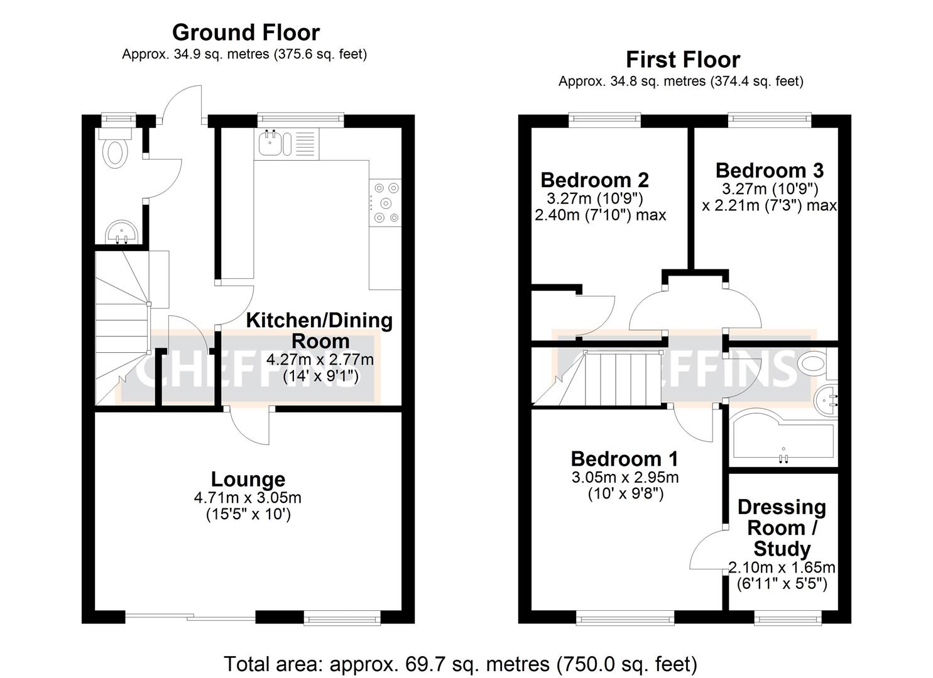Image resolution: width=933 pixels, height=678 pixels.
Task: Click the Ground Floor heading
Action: click(246, 32)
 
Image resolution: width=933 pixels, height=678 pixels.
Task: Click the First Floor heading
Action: click(682, 60)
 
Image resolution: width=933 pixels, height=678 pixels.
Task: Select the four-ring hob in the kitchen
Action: click(385, 202)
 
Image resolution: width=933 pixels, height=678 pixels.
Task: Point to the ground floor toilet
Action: click(115, 151)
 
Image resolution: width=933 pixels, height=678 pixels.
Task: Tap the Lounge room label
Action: click(248, 479)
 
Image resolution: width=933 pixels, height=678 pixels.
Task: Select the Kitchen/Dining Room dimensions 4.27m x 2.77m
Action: click(320, 360)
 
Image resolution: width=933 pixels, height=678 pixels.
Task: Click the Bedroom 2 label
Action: click(594, 180)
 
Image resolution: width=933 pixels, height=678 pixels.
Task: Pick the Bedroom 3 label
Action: click(769, 170)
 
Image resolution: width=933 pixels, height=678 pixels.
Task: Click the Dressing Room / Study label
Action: click(782, 527)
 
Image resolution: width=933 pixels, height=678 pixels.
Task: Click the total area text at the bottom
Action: click(460, 664)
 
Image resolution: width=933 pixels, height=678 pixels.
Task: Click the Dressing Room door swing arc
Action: click(707, 551)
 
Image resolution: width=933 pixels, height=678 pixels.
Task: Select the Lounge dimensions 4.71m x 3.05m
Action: click(248, 498)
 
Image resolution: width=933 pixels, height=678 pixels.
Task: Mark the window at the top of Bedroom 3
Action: click(769, 117)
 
